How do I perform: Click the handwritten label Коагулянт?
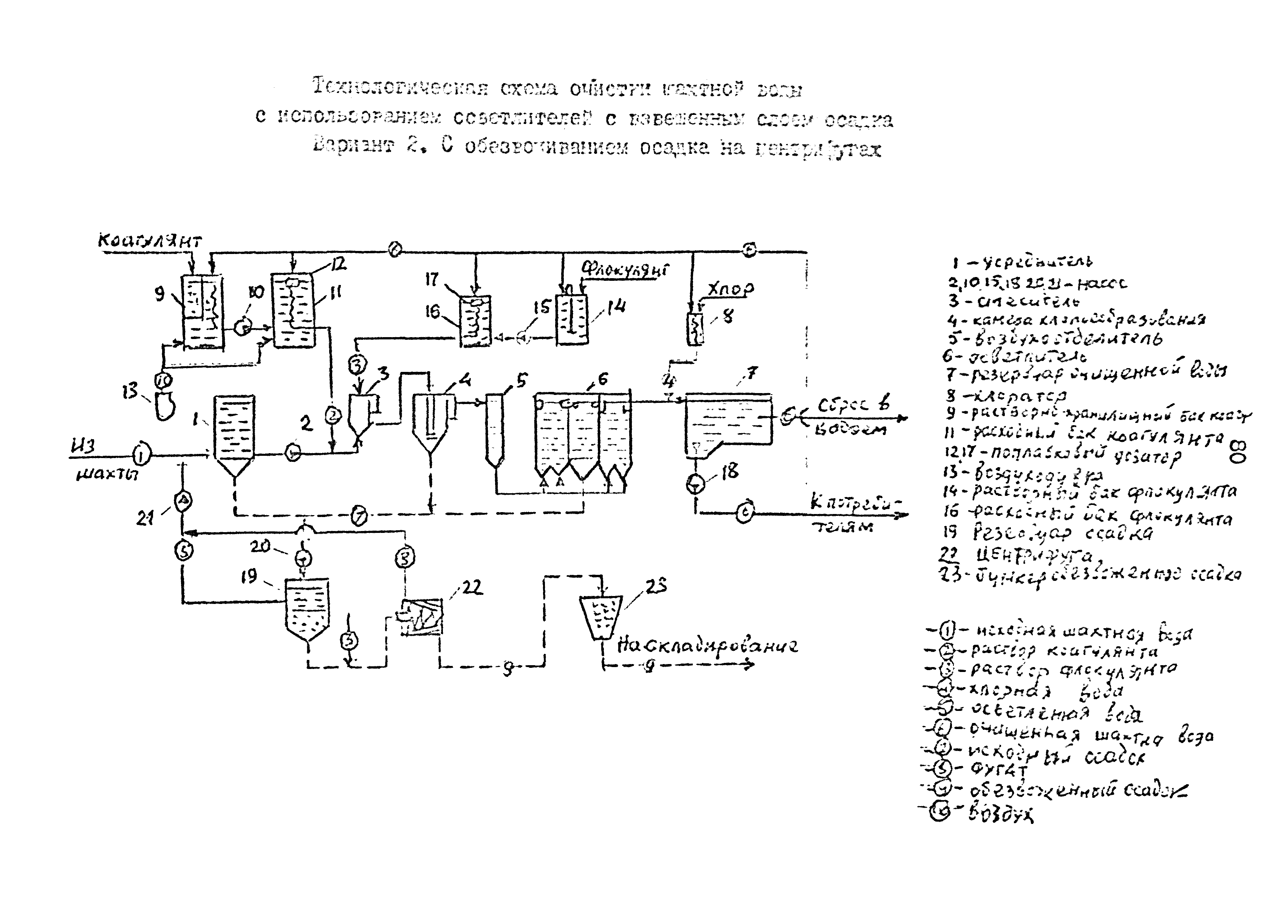[x=149, y=241]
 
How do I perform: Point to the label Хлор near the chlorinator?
[x=730, y=290]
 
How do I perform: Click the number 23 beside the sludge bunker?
[x=656, y=587]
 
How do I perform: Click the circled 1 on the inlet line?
[x=142, y=455]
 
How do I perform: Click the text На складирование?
[x=707, y=646]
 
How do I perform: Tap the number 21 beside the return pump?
[x=145, y=518]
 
